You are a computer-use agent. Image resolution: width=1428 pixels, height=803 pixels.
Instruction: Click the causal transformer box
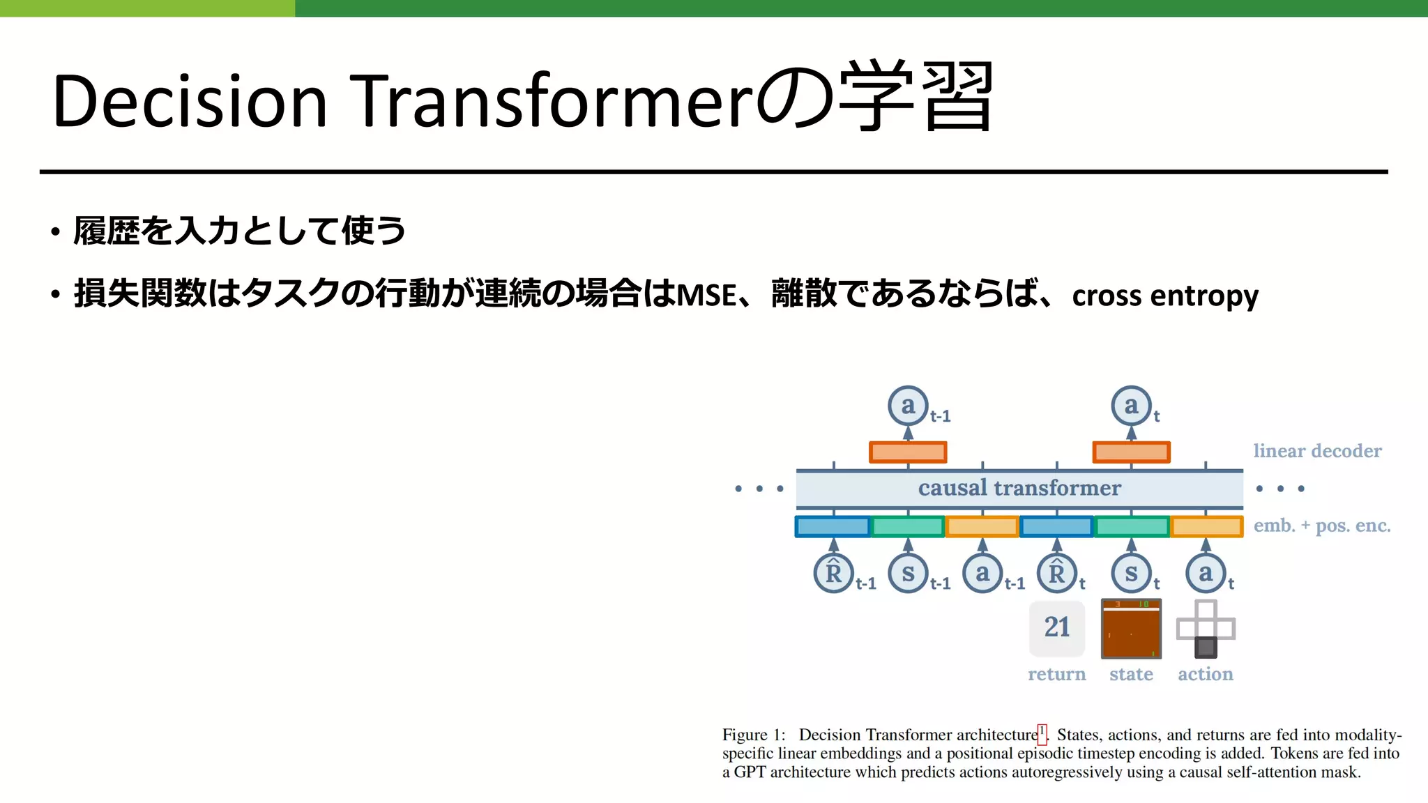[1019, 489]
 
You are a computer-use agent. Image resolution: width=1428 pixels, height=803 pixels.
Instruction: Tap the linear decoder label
[1317, 451]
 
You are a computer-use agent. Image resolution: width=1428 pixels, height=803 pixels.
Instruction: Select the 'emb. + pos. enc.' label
[1322, 526]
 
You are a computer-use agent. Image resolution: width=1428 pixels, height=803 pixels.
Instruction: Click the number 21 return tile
[1057, 627]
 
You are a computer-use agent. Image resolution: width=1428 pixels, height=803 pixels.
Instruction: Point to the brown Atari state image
[1131, 629]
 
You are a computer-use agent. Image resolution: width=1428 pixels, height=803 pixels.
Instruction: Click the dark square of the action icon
[1206, 648]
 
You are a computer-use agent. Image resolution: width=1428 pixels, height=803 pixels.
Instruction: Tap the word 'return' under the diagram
[1056, 674]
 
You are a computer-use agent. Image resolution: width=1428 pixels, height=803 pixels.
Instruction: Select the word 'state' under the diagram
[1131, 674]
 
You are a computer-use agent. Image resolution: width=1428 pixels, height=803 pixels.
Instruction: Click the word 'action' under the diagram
[1206, 674]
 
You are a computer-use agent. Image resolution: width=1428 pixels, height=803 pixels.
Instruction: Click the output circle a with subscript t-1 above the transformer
[908, 405]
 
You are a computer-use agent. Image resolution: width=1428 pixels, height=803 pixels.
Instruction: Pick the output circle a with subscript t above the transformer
[1131, 405]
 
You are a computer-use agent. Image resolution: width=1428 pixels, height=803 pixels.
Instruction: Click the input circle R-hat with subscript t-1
[833, 573]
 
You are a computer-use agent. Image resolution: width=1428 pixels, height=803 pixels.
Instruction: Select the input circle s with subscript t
[1131, 573]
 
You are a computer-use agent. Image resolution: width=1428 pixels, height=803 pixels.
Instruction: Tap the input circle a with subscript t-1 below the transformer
[982, 573]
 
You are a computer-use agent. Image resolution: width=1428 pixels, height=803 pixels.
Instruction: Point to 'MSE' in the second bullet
[706, 295]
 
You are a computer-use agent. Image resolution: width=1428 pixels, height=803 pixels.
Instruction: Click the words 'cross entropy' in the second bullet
[1165, 296]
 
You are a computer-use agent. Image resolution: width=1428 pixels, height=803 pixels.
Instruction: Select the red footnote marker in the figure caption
[1042, 733]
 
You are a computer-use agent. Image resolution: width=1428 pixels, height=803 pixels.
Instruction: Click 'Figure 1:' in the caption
[753, 735]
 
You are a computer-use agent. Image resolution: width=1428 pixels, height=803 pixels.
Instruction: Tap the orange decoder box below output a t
[1131, 452]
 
